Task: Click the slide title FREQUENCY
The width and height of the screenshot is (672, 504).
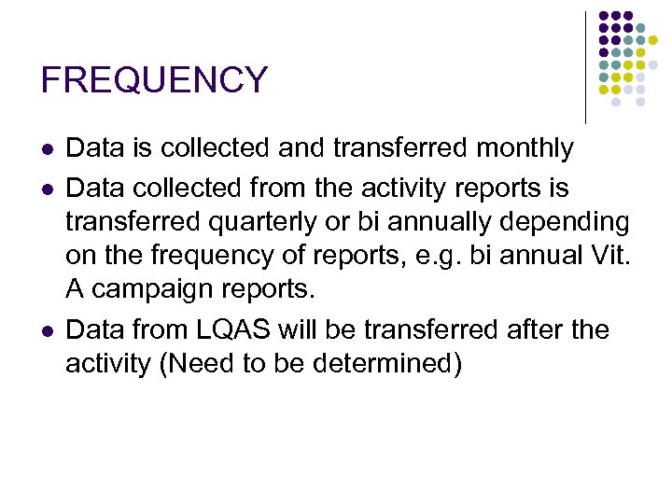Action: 154,80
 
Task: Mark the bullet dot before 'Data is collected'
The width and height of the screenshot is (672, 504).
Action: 47,149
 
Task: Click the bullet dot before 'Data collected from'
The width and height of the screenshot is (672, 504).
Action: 47,189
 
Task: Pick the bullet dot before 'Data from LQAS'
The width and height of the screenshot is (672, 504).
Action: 47,330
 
